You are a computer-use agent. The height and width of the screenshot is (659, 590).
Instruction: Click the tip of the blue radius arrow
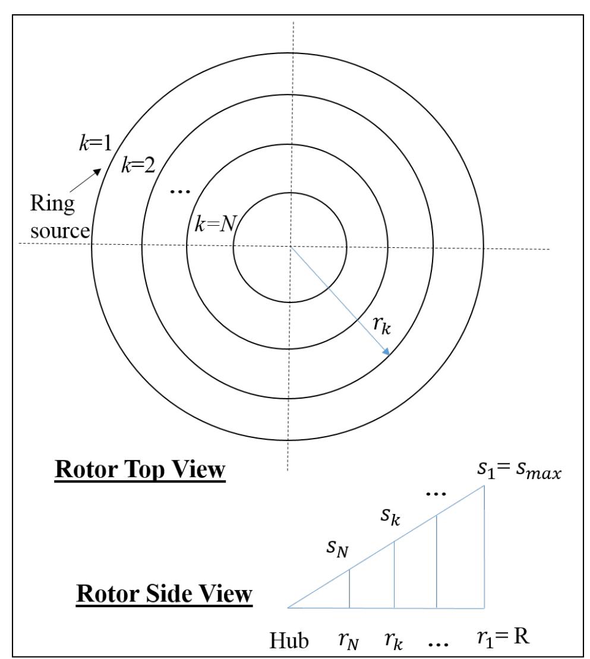click(x=388, y=355)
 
